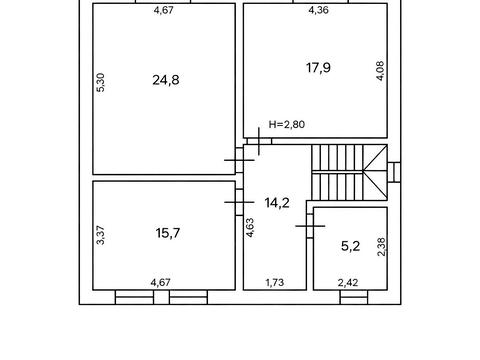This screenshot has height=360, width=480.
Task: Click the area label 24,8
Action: [x=166, y=80]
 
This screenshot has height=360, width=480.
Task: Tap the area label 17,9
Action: [x=318, y=68]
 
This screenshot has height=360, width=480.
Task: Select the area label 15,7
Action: [x=168, y=233]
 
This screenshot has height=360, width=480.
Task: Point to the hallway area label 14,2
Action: [x=277, y=203]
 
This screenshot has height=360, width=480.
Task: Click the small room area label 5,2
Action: [x=350, y=246]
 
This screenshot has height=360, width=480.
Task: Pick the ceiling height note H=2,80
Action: [x=287, y=124]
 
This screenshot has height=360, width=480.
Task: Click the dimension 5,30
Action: [x=101, y=82]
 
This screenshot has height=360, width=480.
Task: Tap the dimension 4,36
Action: [x=318, y=10]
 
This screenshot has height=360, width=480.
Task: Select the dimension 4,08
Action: [x=380, y=71]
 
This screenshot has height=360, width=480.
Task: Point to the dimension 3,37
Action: [x=101, y=235]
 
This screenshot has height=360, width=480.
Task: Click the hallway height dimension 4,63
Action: [x=250, y=228]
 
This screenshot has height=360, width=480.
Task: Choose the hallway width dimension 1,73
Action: [x=275, y=283]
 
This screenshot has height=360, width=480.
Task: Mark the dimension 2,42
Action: [x=348, y=283]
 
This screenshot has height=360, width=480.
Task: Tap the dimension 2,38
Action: [x=381, y=247]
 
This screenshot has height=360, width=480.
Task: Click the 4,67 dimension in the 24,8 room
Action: [x=164, y=10]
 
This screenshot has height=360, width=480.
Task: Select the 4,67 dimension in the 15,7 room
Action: [x=161, y=283]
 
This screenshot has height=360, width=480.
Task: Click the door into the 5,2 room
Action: [x=310, y=226]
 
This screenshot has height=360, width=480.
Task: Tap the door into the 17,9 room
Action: [x=259, y=141]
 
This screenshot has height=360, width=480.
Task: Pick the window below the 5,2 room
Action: [x=354, y=297]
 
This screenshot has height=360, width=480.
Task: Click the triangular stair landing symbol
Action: [x=375, y=172]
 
